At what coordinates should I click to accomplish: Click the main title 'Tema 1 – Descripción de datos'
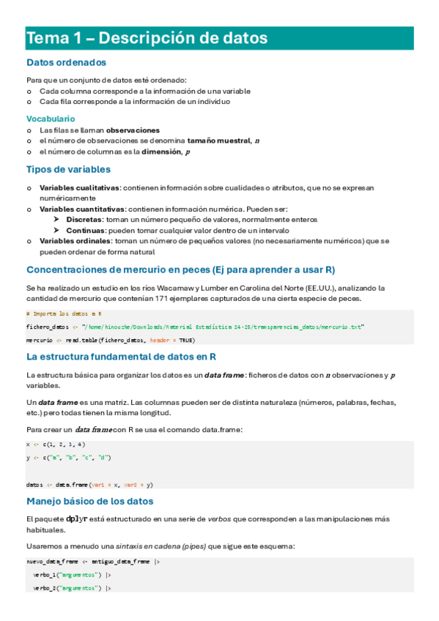click(x=147, y=37)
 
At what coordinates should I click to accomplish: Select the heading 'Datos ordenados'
click(x=66, y=63)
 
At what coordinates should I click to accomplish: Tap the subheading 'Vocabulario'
click(x=51, y=118)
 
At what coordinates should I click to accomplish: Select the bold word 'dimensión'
click(x=161, y=152)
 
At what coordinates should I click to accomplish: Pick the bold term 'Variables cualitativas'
click(x=79, y=187)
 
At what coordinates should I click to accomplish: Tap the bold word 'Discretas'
click(x=84, y=219)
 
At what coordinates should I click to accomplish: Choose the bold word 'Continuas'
click(x=85, y=229)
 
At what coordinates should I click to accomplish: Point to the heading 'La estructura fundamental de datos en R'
click(x=121, y=357)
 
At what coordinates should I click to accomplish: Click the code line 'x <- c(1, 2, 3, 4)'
click(x=56, y=444)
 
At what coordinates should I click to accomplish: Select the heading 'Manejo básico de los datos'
click(x=89, y=502)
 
